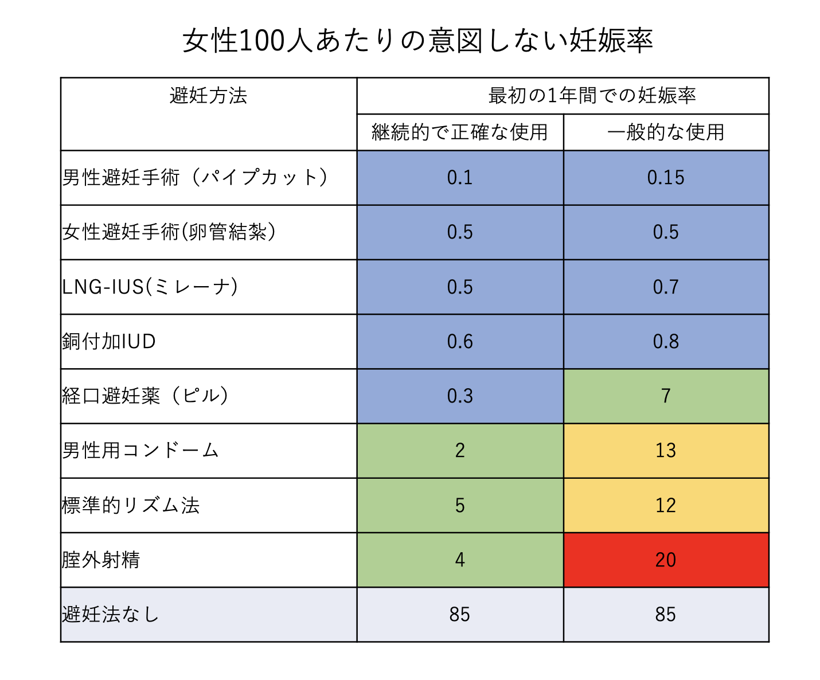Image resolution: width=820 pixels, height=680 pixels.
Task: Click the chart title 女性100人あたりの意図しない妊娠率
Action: pyautogui.click(x=417, y=41)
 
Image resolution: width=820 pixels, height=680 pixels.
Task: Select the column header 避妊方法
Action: pyautogui.click(x=208, y=96)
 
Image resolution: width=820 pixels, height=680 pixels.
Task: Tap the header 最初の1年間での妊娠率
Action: pyautogui.click(x=592, y=96)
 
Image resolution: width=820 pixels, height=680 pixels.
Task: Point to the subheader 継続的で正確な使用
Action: pyautogui.click(x=460, y=132)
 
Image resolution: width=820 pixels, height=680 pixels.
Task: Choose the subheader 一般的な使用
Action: pyautogui.click(x=666, y=132)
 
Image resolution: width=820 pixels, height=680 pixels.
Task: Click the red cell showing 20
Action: pyautogui.click(x=666, y=560)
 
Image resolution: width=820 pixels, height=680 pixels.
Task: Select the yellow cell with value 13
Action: pyautogui.click(x=666, y=451)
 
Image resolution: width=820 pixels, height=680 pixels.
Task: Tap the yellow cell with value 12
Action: pyautogui.click(x=666, y=505)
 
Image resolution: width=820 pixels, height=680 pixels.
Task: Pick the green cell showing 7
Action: pyautogui.click(x=666, y=396)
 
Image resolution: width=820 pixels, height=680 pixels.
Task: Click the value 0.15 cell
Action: pyautogui.click(x=666, y=178)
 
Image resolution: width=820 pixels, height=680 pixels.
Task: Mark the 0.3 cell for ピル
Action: pyautogui.click(x=460, y=396)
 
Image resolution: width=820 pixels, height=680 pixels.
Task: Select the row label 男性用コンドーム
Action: pyautogui.click(x=141, y=451)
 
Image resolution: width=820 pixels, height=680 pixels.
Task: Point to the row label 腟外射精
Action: pyautogui.click(x=101, y=560)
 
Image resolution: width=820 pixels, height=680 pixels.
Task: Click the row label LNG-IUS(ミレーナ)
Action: pyautogui.click(x=150, y=287)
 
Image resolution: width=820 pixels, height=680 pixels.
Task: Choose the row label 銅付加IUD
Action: pyautogui.click(x=109, y=342)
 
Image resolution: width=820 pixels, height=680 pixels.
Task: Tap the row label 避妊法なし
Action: pyautogui.click(x=111, y=615)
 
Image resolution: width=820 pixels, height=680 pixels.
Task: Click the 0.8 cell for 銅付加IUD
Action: pyautogui.click(x=666, y=342)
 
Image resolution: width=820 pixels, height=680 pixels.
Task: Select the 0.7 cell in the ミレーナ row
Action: pyautogui.click(x=666, y=287)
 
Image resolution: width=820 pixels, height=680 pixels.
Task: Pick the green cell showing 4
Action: pyautogui.click(x=460, y=560)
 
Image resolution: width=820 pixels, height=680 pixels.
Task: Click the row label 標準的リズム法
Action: pyautogui.click(x=131, y=505)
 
